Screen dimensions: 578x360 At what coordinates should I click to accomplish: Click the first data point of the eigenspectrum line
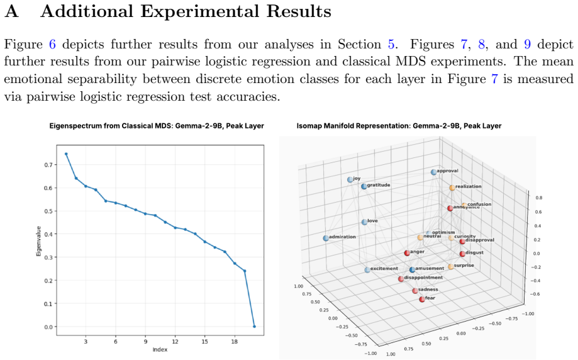click(66, 154)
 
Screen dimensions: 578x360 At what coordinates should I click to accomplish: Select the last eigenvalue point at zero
click(254, 327)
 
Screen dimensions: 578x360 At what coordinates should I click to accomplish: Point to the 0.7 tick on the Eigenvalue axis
click(48, 164)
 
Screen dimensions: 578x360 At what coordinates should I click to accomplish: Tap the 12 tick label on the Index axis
click(175, 342)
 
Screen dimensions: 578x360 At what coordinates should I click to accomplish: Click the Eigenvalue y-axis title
click(38, 241)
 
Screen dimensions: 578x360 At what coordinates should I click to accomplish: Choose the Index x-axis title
click(160, 350)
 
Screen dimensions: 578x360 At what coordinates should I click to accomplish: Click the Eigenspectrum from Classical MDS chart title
click(157, 126)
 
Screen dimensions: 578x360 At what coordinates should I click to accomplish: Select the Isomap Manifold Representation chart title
click(399, 126)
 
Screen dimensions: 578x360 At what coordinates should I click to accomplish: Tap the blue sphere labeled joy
click(350, 179)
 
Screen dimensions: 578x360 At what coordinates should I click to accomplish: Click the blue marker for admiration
click(326, 239)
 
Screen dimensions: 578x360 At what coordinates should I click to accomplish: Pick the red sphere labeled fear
click(422, 299)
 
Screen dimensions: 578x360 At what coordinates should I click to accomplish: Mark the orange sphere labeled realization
click(452, 188)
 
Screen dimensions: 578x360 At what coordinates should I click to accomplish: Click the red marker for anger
click(407, 253)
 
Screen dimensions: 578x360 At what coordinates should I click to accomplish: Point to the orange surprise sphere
click(451, 267)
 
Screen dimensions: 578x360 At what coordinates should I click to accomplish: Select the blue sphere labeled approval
click(433, 172)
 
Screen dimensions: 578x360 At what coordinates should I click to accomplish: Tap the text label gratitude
click(379, 185)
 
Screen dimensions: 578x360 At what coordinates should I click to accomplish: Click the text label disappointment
click(423, 278)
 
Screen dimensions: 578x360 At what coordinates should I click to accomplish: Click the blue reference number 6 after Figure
click(52, 44)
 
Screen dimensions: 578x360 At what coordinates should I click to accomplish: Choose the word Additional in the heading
click(87, 11)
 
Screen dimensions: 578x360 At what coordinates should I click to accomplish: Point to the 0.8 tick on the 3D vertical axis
click(539, 198)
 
